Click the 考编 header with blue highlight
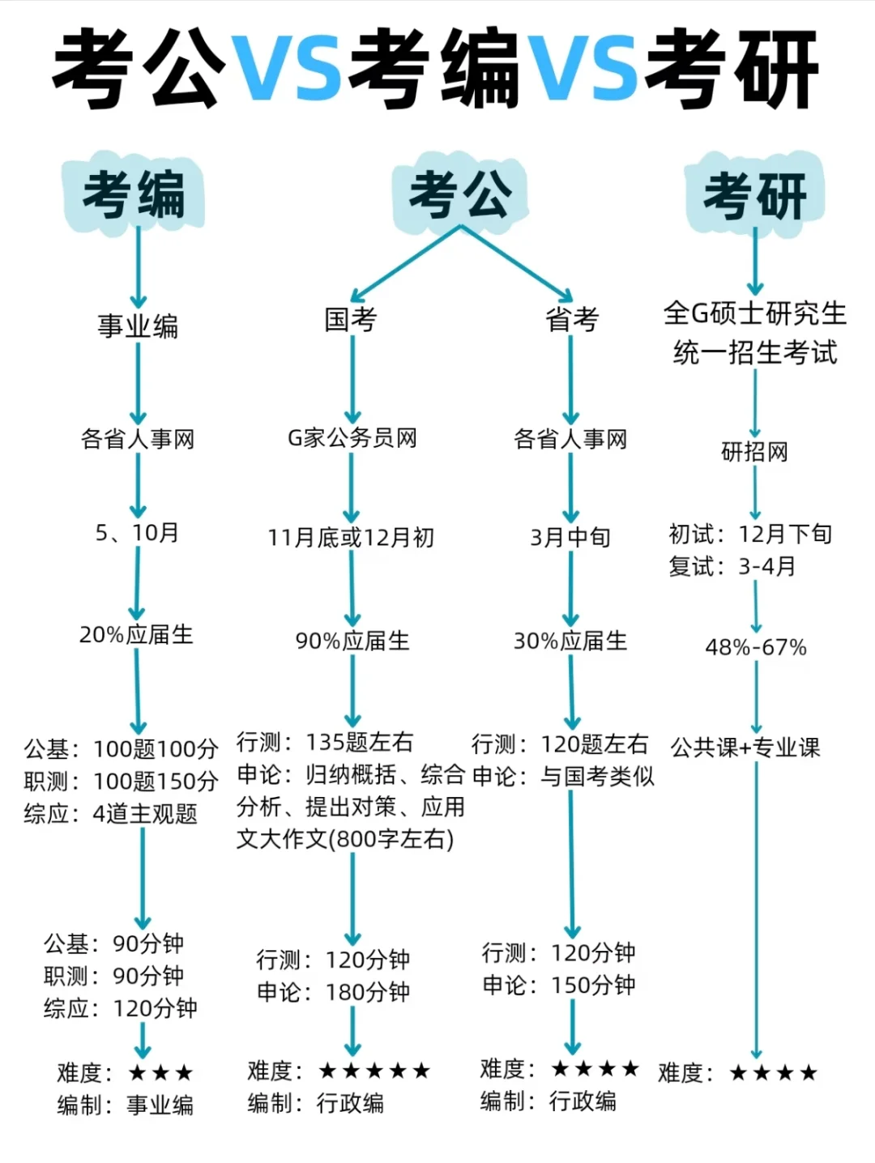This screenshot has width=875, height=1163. pos(134,194)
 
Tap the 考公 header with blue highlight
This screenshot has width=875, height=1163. pos(460,194)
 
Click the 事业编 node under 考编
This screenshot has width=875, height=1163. pos(138,326)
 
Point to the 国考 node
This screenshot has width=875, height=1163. pos(351,319)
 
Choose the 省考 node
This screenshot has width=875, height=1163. pos(572,319)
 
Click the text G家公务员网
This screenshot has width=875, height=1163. pos(352,438)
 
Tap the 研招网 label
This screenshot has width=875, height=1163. pos(755,451)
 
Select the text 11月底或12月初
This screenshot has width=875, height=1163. pos(351,537)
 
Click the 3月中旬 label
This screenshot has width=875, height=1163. pos(570,537)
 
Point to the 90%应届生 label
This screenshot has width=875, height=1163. pos(352,641)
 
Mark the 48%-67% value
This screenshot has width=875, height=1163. pos(756,647)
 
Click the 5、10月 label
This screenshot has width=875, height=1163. pos(137,532)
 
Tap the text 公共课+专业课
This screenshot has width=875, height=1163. pos(745,747)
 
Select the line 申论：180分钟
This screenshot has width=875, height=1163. pos(334,992)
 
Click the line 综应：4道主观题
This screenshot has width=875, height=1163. pos(111,813)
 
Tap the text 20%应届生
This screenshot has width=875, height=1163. pos(136,634)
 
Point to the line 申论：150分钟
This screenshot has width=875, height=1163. pos(559,985)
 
